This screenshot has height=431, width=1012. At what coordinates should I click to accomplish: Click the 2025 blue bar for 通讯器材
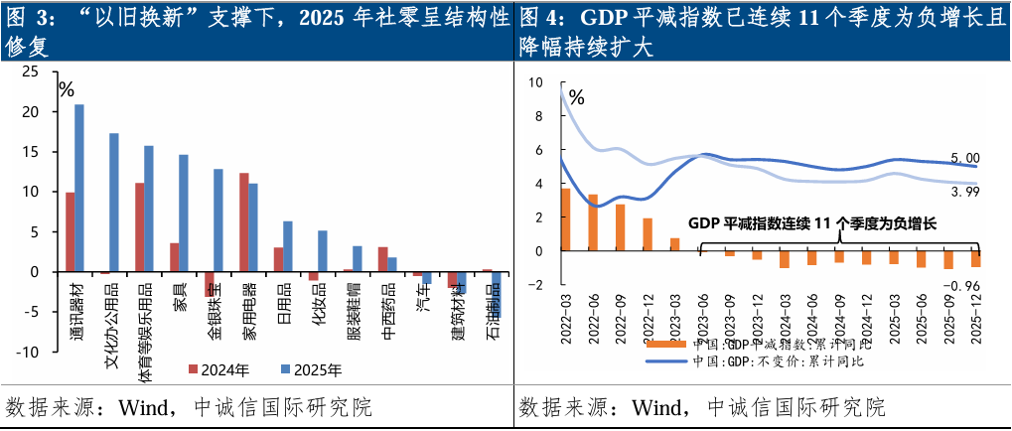click(79, 188)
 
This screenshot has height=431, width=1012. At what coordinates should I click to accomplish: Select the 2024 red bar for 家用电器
click(243, 222)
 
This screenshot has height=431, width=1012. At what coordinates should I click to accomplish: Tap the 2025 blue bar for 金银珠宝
click(217, 220)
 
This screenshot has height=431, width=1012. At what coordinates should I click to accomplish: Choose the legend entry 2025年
click(309, 370)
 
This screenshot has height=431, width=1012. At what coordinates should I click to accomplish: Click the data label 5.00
click(965, 158)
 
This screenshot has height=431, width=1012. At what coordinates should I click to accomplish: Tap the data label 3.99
click(965, 192)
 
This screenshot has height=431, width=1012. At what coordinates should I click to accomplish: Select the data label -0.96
click(962, 286)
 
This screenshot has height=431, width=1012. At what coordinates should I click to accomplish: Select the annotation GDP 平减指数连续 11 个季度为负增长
click(812, 224)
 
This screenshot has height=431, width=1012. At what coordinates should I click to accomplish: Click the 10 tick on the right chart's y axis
click(537, 82)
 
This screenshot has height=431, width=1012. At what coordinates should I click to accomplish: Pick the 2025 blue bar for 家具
click(183, 213)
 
